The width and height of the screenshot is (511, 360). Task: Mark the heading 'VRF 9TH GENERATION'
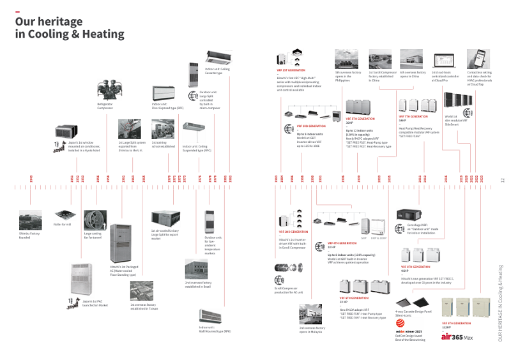click(456, 324)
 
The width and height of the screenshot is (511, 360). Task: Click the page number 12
click(502, 180)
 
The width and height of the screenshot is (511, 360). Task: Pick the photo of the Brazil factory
click(196, 269)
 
